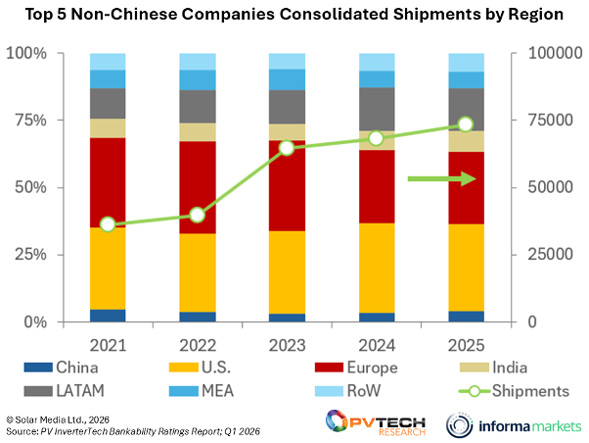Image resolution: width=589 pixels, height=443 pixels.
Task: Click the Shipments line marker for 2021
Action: click(x=108, y=224)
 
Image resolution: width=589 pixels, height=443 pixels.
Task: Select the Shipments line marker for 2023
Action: click(x=287, y=148)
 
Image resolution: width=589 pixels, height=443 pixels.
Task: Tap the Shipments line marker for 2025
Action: click(x=466, y=124)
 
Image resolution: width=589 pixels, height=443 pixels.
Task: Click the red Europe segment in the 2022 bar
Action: click(x=197, y=187)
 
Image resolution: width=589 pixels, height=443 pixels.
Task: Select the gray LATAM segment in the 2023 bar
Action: click(x=287, y=107)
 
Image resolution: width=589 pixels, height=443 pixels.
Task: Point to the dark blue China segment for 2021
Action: click(x=108, y=315)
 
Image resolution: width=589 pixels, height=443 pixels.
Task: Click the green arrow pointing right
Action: click(x=441, y=178)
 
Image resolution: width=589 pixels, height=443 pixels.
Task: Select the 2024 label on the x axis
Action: click(x=376, y=345)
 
